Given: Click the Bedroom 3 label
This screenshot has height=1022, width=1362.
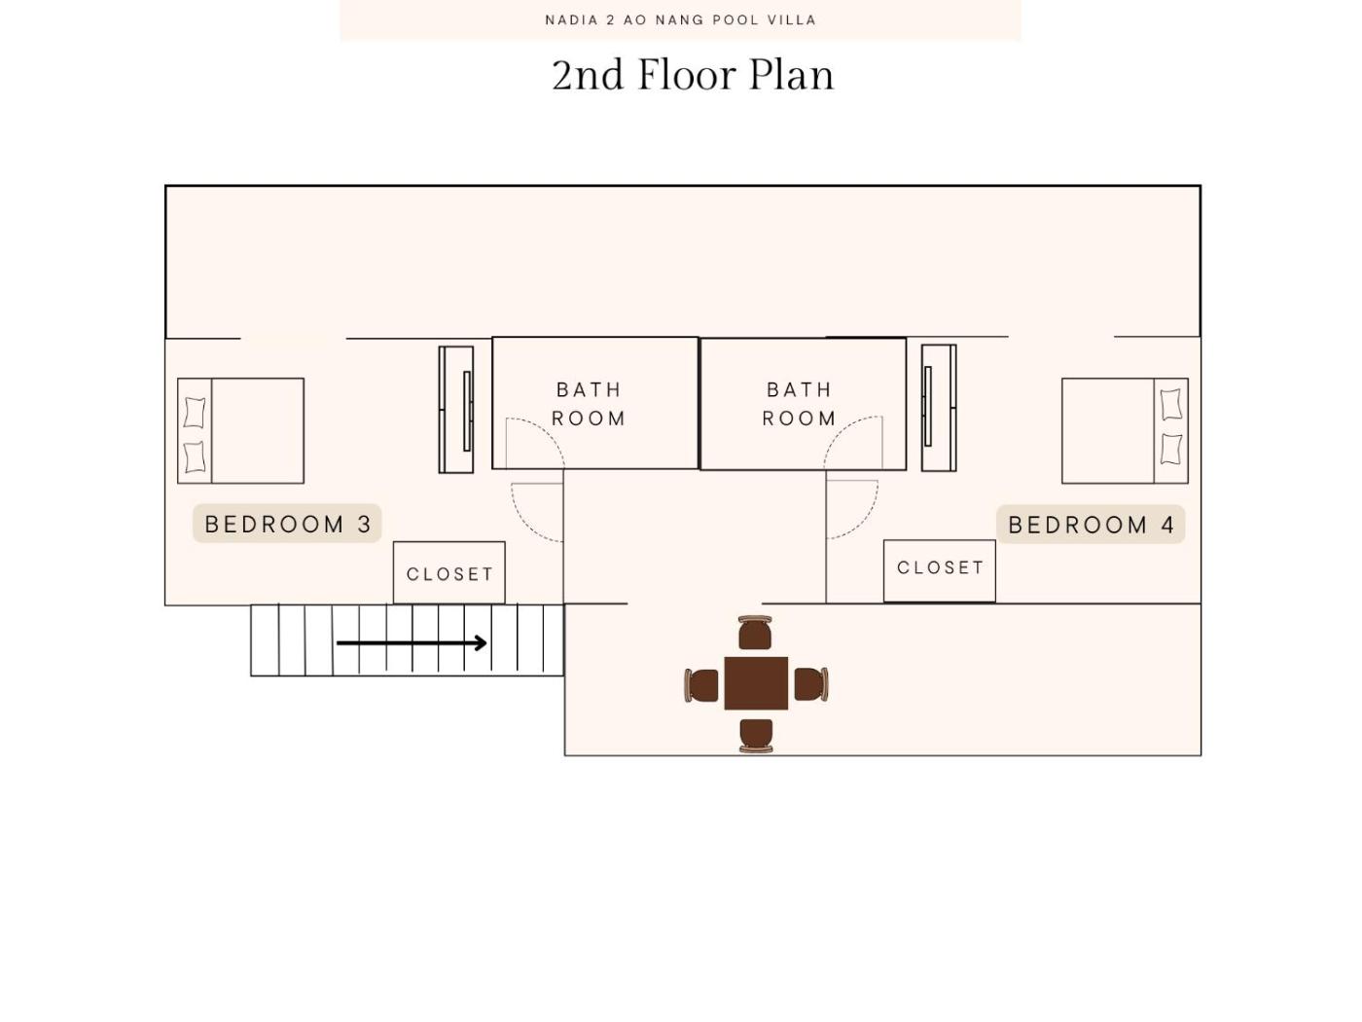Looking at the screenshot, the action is pyautogui.click(x=287, y=524).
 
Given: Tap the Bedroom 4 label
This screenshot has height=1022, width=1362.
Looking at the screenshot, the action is pyautogui.click(x=1091, y=525).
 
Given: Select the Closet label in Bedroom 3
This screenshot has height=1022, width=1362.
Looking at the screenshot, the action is pyautogui.click(x=449, y=574).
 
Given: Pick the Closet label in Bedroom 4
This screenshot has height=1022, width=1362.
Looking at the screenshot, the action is pyautogui.click(x=940, y=567).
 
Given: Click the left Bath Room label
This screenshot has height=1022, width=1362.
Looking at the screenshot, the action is pyautogui.click(x=589, y=404).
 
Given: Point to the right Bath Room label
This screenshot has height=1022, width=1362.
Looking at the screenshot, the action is pyautogui.click(x=799, y=404).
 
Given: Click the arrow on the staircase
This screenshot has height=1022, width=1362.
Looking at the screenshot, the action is pyautogui.click(x=412, y=642).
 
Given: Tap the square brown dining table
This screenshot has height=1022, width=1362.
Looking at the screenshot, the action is pyautogui.click(x=756, y=683).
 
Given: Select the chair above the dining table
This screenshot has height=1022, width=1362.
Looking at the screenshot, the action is pyautogui.click(x=755, y=633).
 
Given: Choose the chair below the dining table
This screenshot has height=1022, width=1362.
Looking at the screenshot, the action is pyautogui.click(x=756, y=736).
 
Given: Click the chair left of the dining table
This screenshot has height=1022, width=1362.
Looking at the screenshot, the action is pyautogui.click(x=701, y=685).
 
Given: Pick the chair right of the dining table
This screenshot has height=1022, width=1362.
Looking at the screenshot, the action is pyautogui.click(x=811, y=684).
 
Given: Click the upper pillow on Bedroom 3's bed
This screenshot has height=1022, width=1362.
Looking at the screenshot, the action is pyautogui.click(x=195, y=413).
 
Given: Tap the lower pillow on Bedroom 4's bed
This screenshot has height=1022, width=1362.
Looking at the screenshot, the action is pyautogui.click(x=1171, y=449).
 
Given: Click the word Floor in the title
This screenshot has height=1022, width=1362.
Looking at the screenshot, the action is pyautogui.click(x=688, y=75).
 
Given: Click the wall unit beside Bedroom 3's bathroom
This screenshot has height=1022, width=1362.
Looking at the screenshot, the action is pyautogui.click(x=456, y=410).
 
